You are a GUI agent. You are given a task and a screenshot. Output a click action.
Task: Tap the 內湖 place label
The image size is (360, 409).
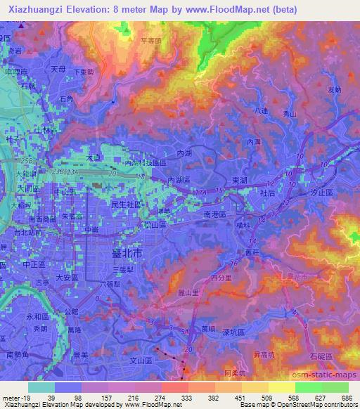click(x=185, y=152)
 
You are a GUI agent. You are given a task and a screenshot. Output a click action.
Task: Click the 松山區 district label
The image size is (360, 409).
click(x=153, y=225)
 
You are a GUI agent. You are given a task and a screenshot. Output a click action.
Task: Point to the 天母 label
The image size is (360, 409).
click(x=58, y=70)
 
